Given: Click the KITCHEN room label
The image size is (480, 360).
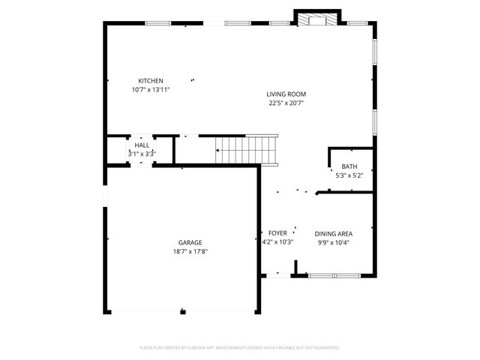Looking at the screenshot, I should tap(150, 81).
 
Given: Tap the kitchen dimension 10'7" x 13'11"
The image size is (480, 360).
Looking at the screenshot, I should tap(150, 90).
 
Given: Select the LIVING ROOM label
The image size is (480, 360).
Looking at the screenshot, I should tap(286, 94).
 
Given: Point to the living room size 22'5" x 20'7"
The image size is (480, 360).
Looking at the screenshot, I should tap(286, 103).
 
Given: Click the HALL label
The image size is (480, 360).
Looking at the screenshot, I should tap(142, 145).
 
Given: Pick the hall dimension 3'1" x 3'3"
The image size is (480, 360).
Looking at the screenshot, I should tap(142, 153).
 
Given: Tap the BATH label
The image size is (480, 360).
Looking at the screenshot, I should tap(349, 166).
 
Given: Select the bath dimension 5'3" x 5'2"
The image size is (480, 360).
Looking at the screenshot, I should tap(349, 175).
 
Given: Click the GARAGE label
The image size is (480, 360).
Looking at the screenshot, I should tap(190, 242).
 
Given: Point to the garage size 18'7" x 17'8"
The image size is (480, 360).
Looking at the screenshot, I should tap(190, 251).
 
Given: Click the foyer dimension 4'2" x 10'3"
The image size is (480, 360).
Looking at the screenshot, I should tap(277, 242).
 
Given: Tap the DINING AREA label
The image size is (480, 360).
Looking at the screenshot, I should tap(334, 233).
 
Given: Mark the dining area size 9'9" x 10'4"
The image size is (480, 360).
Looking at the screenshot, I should tap(334, 242).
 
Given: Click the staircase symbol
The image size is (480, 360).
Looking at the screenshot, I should tap(247, 149).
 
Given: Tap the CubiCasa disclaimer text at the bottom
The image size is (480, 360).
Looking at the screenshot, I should tap(240, 347).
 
